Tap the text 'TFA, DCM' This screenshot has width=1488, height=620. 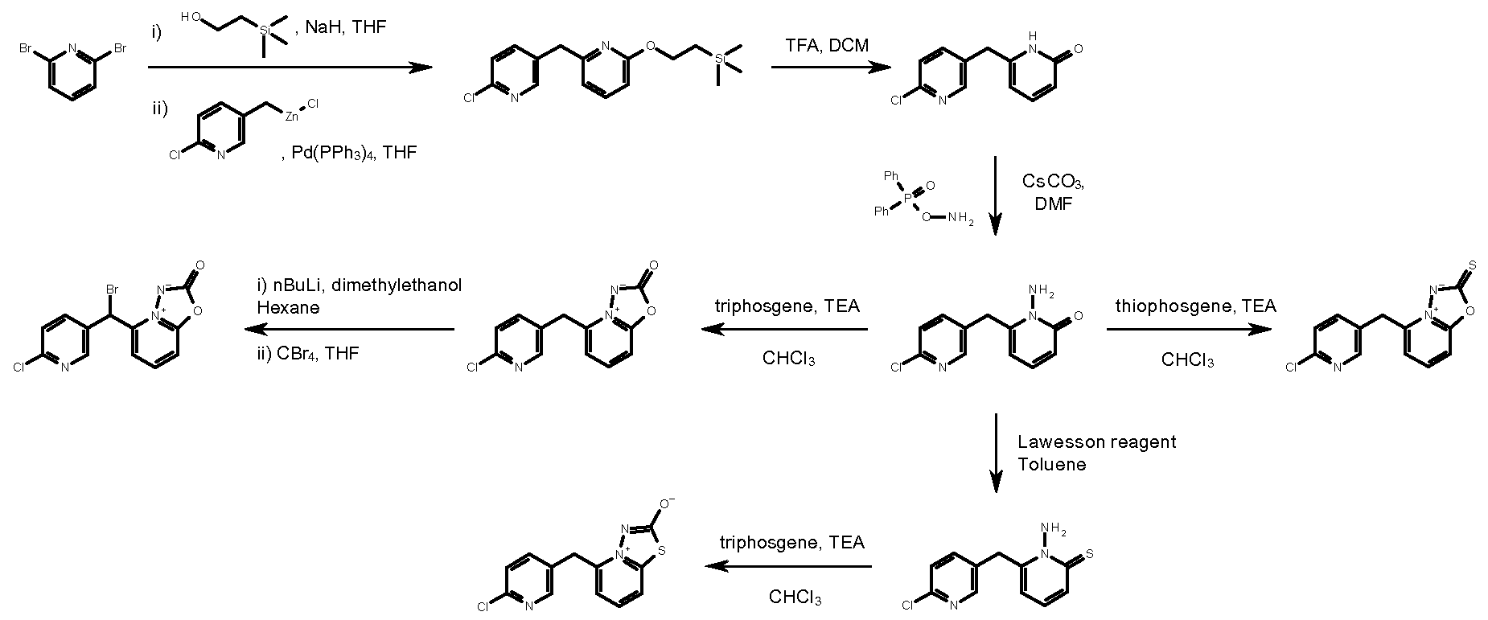827,46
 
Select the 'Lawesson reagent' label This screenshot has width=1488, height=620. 1096,441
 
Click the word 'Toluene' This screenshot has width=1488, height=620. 1051,464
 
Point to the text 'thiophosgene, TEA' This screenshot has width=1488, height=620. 1195,306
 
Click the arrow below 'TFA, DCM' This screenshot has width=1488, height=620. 831,68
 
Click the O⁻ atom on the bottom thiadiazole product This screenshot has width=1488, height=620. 667,504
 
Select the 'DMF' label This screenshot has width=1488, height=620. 1054,203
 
